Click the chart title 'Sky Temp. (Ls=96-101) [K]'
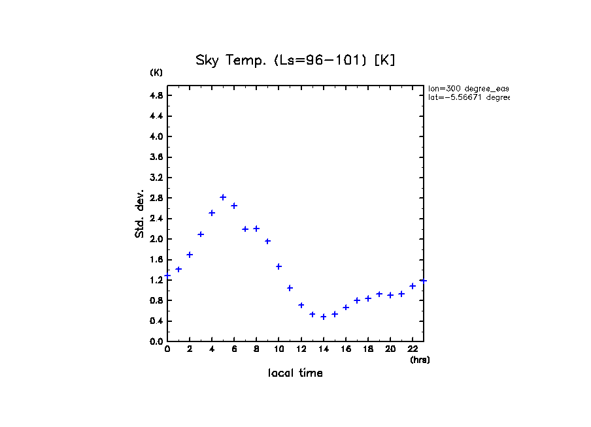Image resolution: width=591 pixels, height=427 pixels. click(x=295, y=61)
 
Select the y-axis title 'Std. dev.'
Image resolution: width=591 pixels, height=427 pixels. click(x=140, y=214)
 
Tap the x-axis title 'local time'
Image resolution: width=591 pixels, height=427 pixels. click(x=295, y=373)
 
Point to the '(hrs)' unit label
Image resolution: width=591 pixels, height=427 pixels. click(x=420, y=360)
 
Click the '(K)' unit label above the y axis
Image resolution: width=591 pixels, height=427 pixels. click(x=156, y=72)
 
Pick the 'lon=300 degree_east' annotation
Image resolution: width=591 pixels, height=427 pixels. click(x=468, y=88)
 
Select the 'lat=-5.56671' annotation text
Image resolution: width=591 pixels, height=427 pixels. click(x=468, y=97)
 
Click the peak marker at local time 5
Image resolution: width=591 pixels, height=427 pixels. click(x=223, y=197)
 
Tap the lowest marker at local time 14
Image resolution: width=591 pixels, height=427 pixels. click(x=323, y=317)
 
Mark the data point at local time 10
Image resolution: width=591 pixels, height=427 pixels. click(x=279, y=266)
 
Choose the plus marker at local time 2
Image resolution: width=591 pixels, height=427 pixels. click(x=190, y=255)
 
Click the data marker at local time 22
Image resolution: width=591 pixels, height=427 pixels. click(x=413, y=286)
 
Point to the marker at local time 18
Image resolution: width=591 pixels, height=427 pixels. click(x=368, y=298)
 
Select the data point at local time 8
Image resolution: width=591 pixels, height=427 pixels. click(x=256, y=229)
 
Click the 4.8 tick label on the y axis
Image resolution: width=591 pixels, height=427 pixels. click(x=156, y=95)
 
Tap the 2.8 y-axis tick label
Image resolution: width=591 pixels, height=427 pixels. click(x=156, y=198)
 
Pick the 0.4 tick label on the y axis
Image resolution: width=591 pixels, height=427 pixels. click(x=156, y=321)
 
